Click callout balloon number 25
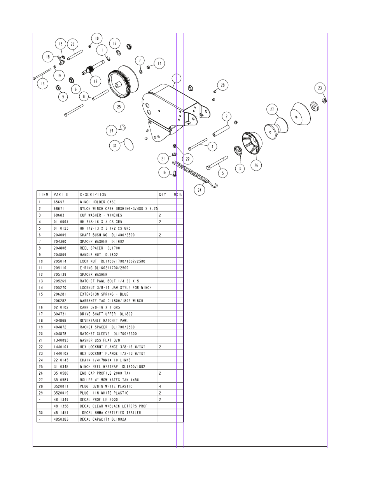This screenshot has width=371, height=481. tap(119, 107)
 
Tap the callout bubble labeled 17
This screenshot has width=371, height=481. tap(96, 81)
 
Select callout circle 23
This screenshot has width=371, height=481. tap(320, 88)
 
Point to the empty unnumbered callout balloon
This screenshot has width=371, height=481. tap(176, 78)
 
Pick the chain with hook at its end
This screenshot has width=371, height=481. tap(194, 174)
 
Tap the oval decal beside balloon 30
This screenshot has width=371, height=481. tap(129, 144)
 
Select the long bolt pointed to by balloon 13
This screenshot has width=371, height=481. tap(42, 74)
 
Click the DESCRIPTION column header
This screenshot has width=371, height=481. tap(93, 195)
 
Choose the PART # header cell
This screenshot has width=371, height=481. tap(61, 195)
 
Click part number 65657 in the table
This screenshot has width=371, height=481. tap(59, 202)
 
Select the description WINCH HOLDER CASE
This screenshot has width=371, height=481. tap(98, 202)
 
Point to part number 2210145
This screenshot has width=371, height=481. tap(61, 360)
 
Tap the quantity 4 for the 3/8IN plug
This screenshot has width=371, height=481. tap(160, 386)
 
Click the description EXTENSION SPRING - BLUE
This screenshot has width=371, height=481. tap(104, 294)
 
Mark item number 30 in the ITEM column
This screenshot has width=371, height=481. tap(41, 412)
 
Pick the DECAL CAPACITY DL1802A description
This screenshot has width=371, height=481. tap(103, 419)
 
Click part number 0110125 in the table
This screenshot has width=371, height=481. tap(61, 228)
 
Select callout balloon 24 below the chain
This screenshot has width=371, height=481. tap(199, 190)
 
